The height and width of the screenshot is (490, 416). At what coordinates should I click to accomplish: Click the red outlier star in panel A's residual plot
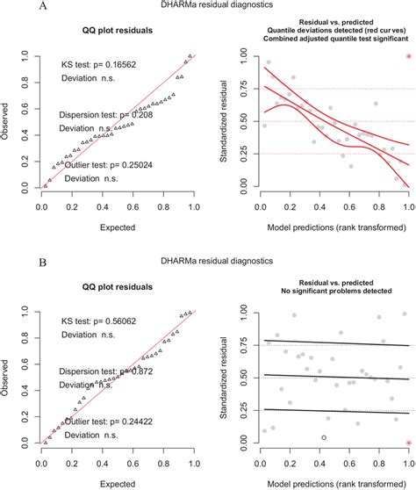(x=408, y=57)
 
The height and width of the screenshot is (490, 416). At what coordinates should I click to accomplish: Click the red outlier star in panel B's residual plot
(x=408, y=443)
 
